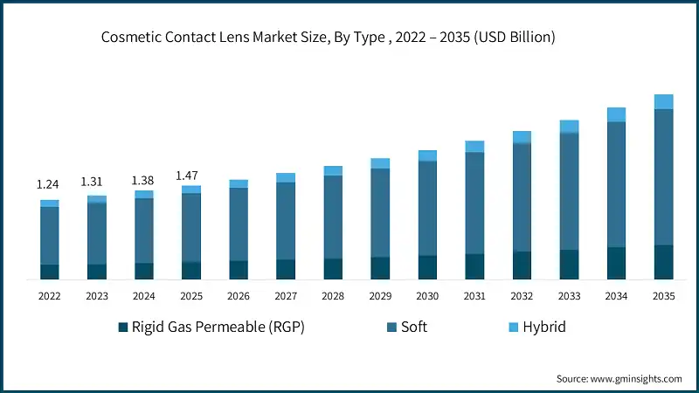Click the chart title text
coord(328,38)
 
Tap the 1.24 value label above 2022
coord(49,185)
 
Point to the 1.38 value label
coord(143,180)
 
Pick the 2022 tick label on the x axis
coord(49,296)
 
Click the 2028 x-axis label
coord(333,296)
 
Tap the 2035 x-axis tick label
coord(663,296)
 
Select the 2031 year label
coord(474,296)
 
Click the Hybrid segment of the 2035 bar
coord(663,101)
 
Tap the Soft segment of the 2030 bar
coord(427,208)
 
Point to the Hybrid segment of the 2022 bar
coord(49,203)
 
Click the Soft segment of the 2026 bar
coord(239,224)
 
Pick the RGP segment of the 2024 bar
coord(143,271)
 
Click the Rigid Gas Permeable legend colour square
coord(123,327)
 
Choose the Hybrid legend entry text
coord(543,327)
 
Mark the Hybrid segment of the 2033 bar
coord(569,126)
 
